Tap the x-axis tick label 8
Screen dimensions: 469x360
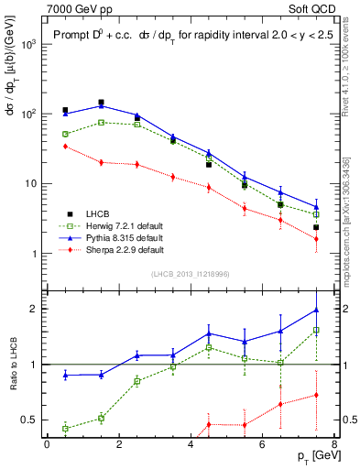333,444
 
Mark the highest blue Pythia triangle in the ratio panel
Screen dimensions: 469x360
316,311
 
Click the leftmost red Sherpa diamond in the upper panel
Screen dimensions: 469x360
65,147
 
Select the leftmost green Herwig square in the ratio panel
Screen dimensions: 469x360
65,428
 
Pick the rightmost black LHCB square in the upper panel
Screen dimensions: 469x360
316,227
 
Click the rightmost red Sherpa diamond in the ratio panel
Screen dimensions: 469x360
316,395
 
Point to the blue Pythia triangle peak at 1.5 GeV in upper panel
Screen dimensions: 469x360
101,105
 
